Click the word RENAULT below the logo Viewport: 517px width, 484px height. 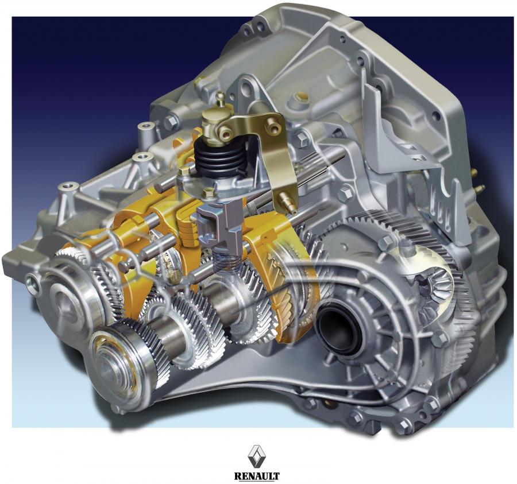[x=257, y=476]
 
